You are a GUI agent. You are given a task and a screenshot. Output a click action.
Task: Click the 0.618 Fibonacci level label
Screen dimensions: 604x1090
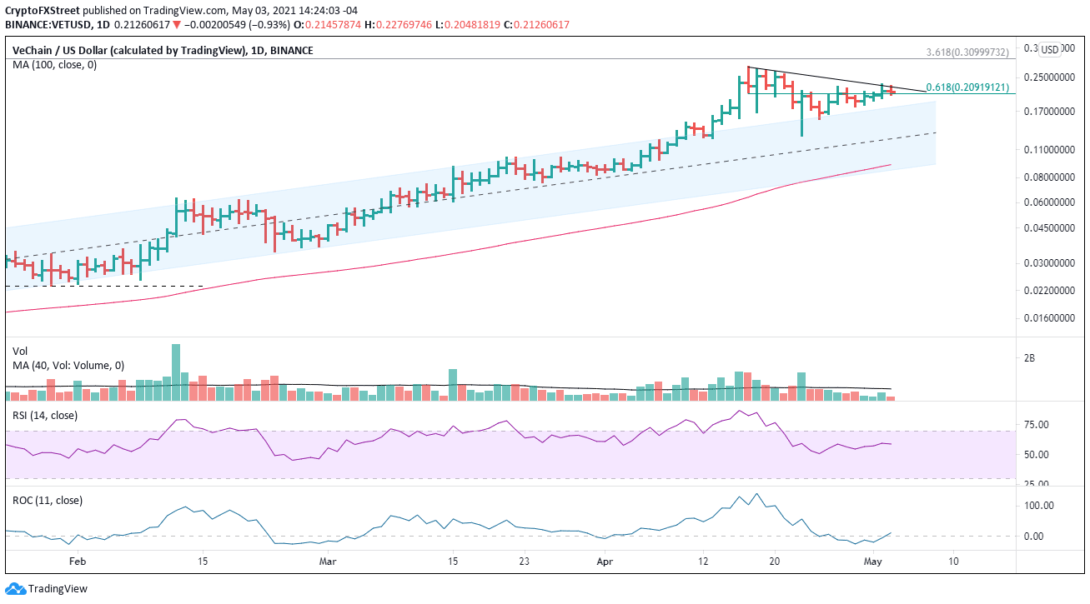point(970,87)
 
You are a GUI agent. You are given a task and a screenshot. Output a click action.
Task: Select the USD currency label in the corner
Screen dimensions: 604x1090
point(1049,50)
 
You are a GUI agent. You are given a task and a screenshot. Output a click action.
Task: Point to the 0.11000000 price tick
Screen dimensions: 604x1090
point(1047,150)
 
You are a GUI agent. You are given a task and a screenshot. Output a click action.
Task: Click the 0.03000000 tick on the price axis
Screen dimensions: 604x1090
point(1047,263)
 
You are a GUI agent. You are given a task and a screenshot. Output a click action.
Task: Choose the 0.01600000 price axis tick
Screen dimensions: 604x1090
point(1047,318)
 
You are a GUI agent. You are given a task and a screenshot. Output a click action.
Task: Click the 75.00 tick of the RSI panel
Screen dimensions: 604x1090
point(1036,425)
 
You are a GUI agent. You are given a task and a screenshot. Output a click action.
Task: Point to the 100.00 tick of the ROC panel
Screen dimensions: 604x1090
point(1037,506)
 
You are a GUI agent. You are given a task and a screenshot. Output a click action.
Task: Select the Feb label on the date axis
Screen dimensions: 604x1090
point(77,562)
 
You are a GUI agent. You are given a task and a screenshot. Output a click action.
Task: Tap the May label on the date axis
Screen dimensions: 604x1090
point(871,562)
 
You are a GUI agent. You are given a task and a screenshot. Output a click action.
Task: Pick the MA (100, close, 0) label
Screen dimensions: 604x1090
point(54,64)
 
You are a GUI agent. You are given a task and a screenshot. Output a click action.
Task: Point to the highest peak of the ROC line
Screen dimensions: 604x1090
point(756,494)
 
